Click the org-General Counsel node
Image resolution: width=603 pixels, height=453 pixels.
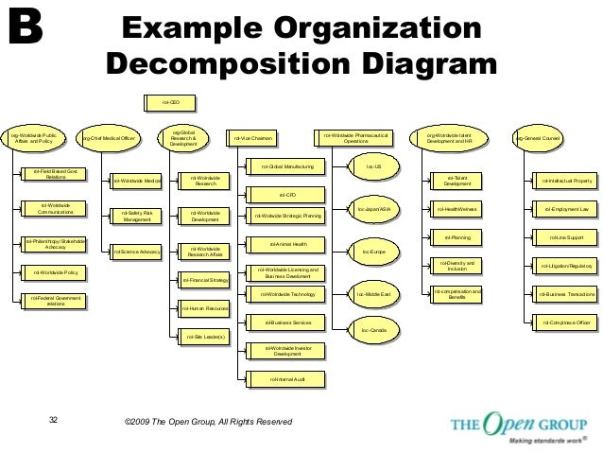click(539, 139)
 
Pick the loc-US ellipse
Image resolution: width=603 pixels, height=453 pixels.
click(372, 167)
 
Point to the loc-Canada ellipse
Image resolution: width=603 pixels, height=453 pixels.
click(374, 330)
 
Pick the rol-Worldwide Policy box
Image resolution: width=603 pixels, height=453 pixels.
click(55, 272)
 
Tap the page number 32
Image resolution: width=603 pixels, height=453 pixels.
click(53, 420)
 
